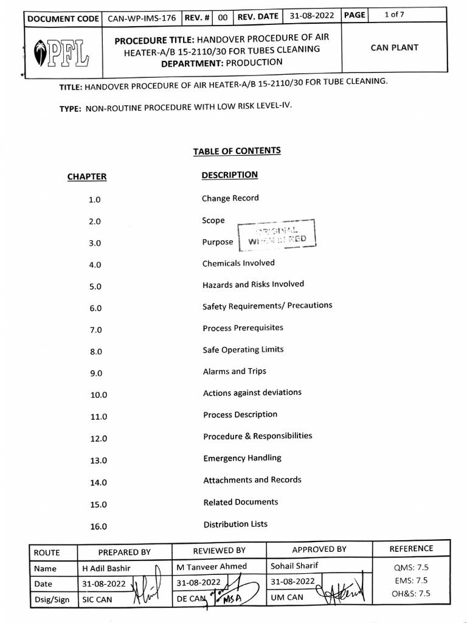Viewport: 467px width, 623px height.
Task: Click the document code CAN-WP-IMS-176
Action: [x=142, y=18]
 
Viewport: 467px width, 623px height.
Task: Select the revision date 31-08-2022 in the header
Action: [x=312, y=16]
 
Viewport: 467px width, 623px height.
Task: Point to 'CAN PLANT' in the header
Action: [x=395, y=47]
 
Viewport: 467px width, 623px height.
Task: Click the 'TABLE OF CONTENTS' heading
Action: [x=237, y=151]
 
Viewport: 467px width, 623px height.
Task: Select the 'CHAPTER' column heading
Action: [x=87, y=177]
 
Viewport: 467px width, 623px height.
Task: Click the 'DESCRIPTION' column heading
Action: [x=230, y=175]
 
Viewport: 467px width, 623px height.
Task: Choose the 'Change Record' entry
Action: [x=230, y=198]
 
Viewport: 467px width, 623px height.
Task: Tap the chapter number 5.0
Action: [x=95, y=287]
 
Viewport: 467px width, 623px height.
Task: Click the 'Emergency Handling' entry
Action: [x=242, y=458]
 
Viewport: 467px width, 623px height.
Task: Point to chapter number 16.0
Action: [x=99, y=527]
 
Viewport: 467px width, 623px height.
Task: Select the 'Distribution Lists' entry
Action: [x=235, y=524]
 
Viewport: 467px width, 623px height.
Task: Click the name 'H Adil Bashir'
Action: [x=106, y=569]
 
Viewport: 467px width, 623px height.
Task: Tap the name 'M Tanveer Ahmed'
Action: [x=212, y=566]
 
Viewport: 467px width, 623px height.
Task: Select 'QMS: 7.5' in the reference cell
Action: [x=411, y=567]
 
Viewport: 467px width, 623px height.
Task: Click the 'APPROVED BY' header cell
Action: [x=319, y=549]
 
